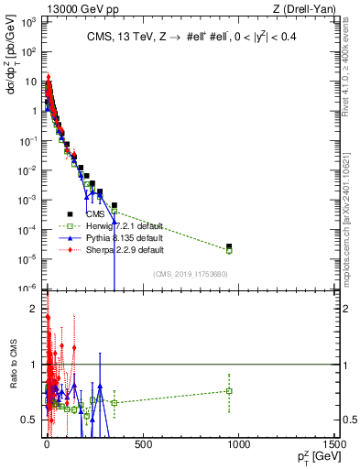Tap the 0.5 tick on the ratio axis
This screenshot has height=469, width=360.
[x=31, y=420]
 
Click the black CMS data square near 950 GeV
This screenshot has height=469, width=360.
[x=229, y=246]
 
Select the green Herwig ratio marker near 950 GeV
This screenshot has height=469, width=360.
[x=229, y=391]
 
